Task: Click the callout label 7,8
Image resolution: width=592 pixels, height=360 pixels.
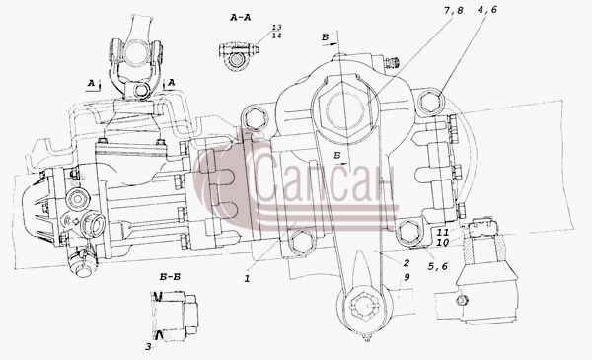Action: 453,10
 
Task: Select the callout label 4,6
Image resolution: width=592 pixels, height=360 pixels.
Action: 487,10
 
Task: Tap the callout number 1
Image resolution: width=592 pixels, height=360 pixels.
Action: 247,279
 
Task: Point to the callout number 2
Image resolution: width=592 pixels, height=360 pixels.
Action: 406,263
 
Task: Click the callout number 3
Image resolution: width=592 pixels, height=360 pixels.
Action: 148,346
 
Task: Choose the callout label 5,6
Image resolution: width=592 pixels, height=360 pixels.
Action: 437,266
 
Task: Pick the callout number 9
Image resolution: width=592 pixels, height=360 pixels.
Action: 407,277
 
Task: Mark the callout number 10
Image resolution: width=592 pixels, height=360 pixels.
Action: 442,243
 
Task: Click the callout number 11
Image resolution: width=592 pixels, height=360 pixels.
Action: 443,232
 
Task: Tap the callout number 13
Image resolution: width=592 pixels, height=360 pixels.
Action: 276,28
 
